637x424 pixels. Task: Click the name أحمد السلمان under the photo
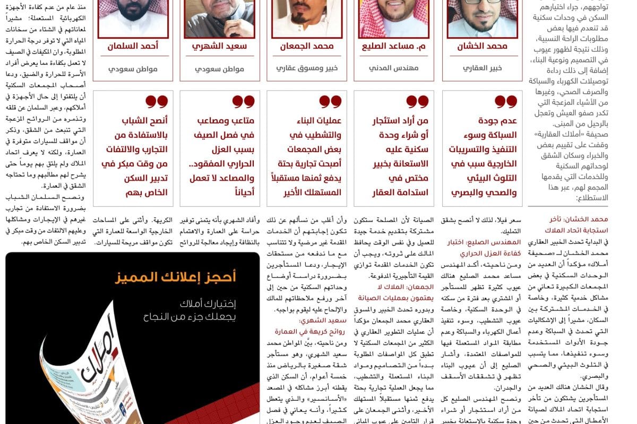[x=133, y=46]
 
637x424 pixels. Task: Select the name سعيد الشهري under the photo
[x=219, y=46]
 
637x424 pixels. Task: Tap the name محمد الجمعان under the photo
[x=307, y=46]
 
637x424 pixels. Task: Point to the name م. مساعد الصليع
[x=393, y=46]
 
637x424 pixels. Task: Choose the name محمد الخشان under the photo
[x=482, y=46]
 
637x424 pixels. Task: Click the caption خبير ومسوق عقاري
[x=307, y=68]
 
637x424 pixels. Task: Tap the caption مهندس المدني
[x=393, y=68]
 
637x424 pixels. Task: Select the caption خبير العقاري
[x=482, y=68]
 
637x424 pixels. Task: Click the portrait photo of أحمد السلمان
[x=133, y=17]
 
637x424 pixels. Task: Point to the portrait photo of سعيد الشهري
[x=220, y=17]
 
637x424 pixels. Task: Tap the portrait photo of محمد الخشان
[x=482, y=17]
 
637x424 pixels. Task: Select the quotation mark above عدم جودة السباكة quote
[x=505, y=101]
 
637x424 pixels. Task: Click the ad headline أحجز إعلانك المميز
[x=176, y=277]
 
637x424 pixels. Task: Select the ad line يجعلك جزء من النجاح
[x=190, y=317]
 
